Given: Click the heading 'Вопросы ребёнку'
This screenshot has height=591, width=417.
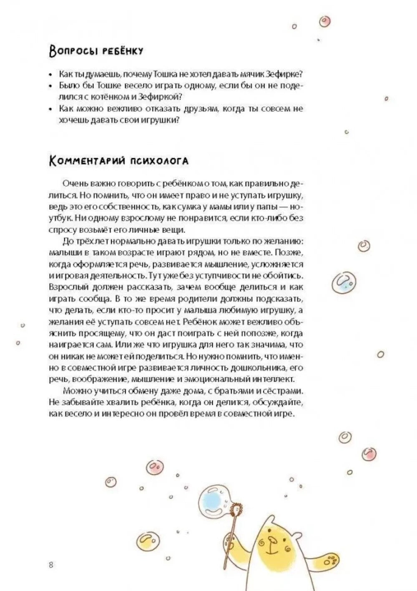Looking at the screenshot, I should point(96,51).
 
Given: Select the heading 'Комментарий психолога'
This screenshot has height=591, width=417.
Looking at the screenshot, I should point(119,161).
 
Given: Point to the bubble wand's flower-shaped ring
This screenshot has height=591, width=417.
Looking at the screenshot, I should point(237,508).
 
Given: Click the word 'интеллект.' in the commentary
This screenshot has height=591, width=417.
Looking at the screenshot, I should point(276,379).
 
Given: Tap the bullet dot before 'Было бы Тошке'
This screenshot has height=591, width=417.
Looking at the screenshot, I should point(50,86).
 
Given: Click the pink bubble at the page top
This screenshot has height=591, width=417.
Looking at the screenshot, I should point(325,21).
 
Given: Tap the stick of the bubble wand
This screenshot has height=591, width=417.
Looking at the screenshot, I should point(231,538).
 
